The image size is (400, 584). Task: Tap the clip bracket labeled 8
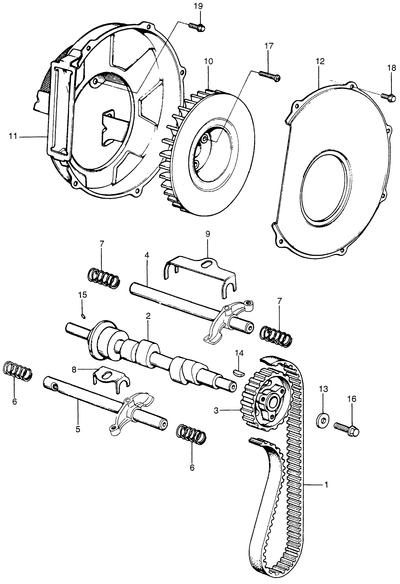tap(111, 377)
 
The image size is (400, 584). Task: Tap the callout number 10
tap(209, 61)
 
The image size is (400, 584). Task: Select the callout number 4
tap(147, 256)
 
